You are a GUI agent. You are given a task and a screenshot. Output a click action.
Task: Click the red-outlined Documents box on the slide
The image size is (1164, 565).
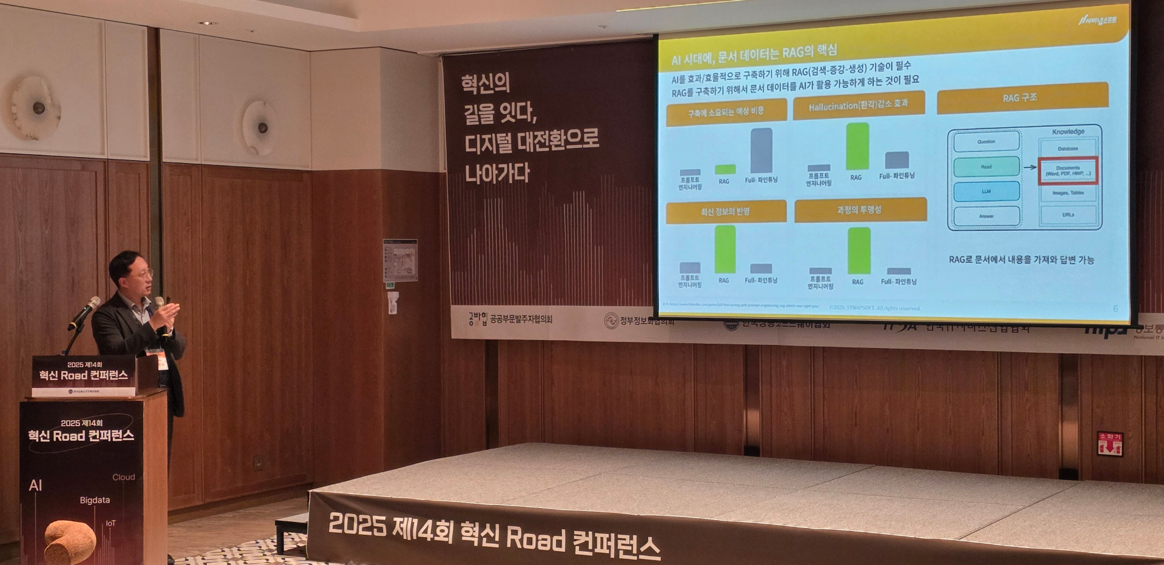click(x=1068, y=171)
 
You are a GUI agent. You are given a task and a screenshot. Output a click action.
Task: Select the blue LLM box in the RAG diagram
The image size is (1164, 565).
click(x=986, y=192)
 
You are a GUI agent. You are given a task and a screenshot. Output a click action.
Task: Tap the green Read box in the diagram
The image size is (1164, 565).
click(x=986, y=167)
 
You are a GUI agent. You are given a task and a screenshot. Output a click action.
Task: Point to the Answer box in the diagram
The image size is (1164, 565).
click(x=986, y=216)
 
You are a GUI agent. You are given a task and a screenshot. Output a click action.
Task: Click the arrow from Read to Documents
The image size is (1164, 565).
click(x=1029, y=167)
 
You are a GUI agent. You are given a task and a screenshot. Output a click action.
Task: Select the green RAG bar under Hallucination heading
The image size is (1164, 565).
click(x=857, y=146)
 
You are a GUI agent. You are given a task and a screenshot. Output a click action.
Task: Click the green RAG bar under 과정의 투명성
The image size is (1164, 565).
click(x=859, y=251)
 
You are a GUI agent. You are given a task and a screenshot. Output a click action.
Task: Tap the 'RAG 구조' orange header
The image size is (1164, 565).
click(x=1022, y=98)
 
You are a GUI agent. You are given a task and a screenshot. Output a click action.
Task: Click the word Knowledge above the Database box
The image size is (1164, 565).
click(x=1068, y=132)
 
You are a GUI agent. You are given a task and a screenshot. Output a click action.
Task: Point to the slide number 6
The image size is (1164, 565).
click(x=1115, y=309)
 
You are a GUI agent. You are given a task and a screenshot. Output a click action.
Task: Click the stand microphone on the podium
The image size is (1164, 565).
click(x=85, y=312)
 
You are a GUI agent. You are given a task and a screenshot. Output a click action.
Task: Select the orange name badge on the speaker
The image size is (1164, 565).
click(x=162, y=361)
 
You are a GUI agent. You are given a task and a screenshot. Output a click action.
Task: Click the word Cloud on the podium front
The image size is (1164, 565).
click(x=124, y=477)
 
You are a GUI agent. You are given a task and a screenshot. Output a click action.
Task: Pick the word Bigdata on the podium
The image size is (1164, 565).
click(x=95, y=500)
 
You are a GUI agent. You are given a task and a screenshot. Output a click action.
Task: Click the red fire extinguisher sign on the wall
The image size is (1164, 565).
click(x=1109, y=444)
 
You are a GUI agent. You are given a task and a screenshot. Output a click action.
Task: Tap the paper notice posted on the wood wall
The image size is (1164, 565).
click(x=400, y=261)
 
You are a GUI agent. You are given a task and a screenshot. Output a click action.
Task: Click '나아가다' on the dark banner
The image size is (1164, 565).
click(x=497, y=173)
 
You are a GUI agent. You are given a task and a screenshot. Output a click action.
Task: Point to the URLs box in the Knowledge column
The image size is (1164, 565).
click(x=1068, y=215)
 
